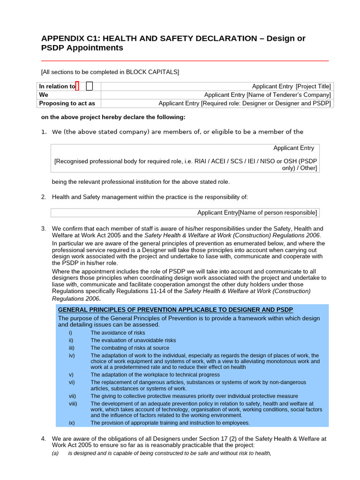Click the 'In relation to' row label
coord(57,86)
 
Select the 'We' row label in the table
coord(44,95)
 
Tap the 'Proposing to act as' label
coord(67,103)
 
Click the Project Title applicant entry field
coord(291,86)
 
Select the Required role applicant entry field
coord(245,103)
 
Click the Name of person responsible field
coord(257,213)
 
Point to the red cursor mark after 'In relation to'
coord(77,86)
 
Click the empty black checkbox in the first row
coord(90,86)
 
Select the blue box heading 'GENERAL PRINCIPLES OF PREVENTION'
coord(175,310)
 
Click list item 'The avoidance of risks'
coord(118,332)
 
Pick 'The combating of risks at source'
coord(130,348)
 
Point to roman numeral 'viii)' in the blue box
coord(73,404)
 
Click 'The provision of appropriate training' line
coord(170,423)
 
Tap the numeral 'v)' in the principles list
coord(71,375)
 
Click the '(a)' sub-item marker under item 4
coord(55,453)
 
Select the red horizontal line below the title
coord(185,61)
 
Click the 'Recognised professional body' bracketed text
coord(186,161)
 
